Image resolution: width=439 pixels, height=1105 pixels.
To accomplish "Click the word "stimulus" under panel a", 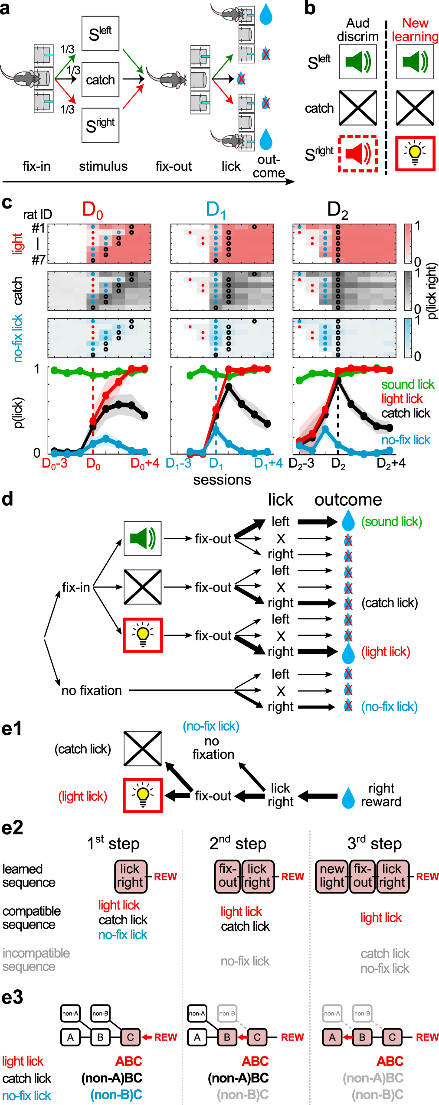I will pos(103,166).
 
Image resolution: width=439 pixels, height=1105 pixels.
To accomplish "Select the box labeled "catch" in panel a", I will pos(100,80).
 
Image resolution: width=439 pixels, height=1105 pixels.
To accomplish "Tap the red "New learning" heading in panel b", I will pos(415,29).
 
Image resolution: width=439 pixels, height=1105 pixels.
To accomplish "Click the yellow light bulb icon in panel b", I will pos(415,153).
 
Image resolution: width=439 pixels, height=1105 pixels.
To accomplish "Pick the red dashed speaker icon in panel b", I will pos(358,153).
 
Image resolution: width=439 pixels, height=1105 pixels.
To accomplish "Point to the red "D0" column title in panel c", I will pos(93,210).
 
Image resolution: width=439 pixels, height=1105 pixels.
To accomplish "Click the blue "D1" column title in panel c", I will pos(216,210).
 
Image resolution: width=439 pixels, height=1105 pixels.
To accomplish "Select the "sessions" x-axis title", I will pos(222,480).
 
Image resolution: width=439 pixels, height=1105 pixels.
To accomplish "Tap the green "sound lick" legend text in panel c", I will pos(408,384).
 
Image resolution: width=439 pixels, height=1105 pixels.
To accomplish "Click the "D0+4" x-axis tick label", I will pos(145,464).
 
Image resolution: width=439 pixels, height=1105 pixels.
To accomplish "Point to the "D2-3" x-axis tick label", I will pos(301,464).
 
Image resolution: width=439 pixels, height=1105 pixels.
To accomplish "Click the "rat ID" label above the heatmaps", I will pos(37,214).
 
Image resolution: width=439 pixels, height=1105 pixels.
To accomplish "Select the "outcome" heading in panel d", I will pos(348,500).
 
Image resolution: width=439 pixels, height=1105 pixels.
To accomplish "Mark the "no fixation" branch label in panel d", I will pos(92,690).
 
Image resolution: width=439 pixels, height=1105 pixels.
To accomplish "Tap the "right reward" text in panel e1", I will pos(381,795).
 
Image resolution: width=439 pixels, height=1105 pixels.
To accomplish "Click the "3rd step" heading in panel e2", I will pos(374,843).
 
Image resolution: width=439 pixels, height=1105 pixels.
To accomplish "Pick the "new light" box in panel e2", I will pos(332,875).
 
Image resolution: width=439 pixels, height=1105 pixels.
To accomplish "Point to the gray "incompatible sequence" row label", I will pos(36,959).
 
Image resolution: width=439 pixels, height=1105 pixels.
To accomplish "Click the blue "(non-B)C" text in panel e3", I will pos(116,1095).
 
